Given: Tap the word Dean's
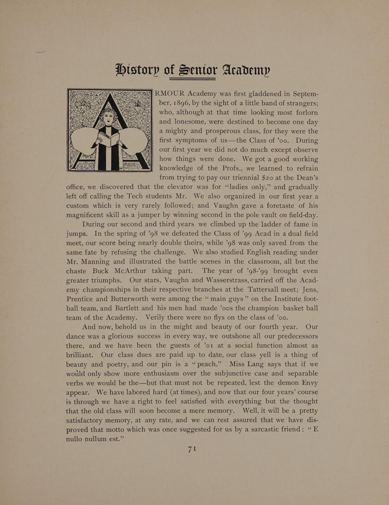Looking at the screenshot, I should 304,177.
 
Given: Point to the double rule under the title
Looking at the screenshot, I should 192,78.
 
